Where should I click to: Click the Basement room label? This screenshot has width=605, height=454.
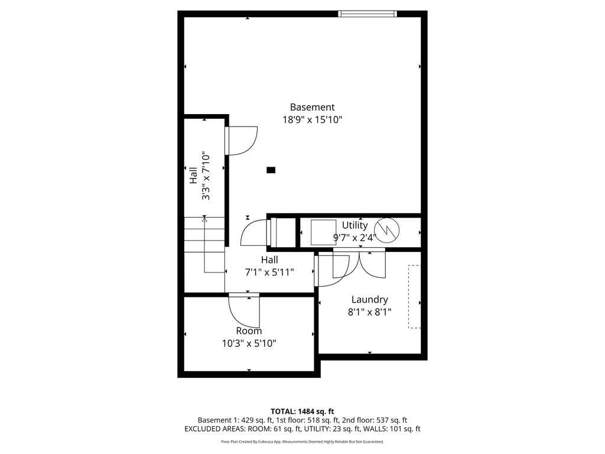point(312,107)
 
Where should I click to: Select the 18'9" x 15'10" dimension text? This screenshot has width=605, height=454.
point(312,119)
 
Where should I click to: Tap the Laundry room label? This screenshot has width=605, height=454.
point(369,300)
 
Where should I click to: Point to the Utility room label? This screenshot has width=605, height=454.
point(354,225)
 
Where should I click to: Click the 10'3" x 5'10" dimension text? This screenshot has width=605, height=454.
point(248,343)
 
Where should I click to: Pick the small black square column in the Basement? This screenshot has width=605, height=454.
point(271,170)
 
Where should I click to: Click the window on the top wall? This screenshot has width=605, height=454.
point(367,14)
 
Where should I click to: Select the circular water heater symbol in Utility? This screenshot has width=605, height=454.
point(389,231)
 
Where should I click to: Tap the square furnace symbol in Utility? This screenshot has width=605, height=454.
point(323,232)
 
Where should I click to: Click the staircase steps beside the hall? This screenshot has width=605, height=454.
point(204,235)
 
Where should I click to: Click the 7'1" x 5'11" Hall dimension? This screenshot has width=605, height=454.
point(269,272)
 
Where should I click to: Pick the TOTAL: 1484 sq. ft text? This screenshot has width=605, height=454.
point(302,411)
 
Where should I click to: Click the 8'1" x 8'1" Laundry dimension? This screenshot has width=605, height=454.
point(369,312)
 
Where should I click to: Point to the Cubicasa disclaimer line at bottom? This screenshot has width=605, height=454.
point(302,442)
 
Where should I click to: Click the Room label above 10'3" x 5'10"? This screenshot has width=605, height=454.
point(249,331)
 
